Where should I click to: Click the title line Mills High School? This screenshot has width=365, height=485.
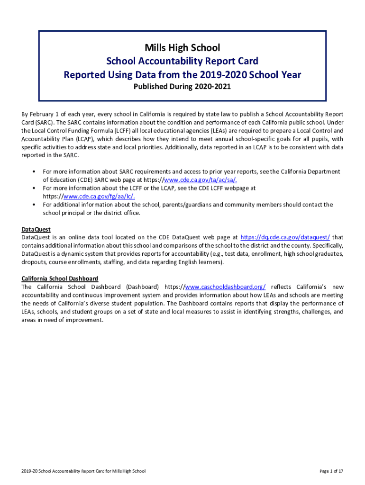[x=182, y=48]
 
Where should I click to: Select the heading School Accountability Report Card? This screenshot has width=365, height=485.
[x=182, y=61]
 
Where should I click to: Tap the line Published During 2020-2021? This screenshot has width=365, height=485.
[x=182, y=87]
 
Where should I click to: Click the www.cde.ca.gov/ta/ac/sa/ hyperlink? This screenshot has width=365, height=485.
[x=200, y=180]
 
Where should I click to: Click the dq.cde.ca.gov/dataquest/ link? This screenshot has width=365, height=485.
[x=285, y=237]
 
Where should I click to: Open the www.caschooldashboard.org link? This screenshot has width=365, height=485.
[x=225, y=287]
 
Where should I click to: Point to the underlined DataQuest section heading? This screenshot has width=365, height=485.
[x=36, y=229]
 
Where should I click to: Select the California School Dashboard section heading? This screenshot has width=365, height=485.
[x=60, y=278]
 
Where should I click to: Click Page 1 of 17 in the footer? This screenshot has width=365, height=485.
[x=331, y=471]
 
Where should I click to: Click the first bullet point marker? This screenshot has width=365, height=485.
[x=34, y=171]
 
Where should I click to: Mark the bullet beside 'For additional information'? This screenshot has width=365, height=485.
[x=34, y=205]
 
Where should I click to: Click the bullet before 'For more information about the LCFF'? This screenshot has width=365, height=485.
[x=34, y=188]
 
